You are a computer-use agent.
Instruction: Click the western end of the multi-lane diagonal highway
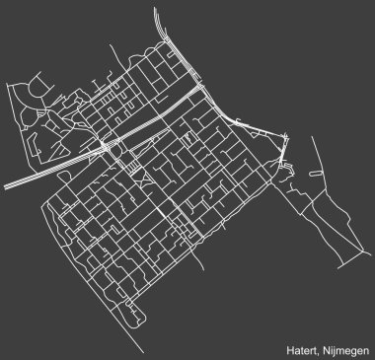(5, 184)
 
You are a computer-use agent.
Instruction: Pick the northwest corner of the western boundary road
(7, 86)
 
